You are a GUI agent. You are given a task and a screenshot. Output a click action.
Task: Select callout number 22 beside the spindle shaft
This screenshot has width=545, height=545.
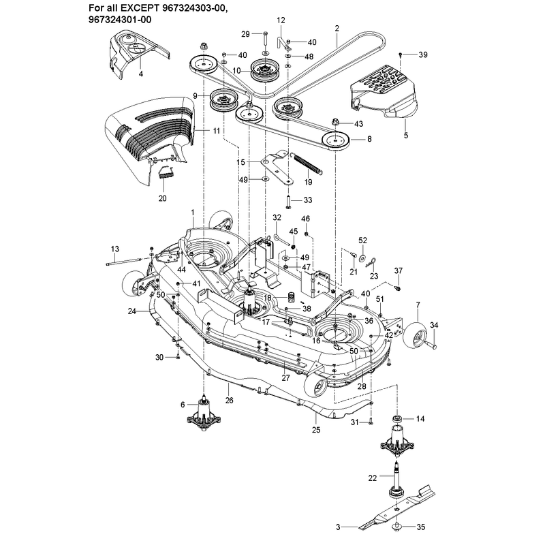tap(372, 478)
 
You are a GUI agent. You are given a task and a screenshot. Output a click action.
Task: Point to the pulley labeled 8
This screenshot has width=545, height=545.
tap(335, 141)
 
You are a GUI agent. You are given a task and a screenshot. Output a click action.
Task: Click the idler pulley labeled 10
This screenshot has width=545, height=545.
tap(265, 71)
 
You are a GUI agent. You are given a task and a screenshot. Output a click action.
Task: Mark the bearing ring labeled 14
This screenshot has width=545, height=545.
tap(397, 418)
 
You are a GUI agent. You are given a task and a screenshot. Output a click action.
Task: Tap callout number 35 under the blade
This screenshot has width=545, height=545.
tap(420, 527)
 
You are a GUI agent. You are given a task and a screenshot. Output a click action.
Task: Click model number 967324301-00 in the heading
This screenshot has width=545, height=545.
tap(120, 19)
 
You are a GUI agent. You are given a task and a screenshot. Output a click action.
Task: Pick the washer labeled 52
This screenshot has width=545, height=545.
tap(362, 258)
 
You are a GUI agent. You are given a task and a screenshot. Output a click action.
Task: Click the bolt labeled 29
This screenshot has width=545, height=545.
tap(264, 39)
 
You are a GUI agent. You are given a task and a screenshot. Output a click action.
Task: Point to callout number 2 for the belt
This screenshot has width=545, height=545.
tap(337, 28)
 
